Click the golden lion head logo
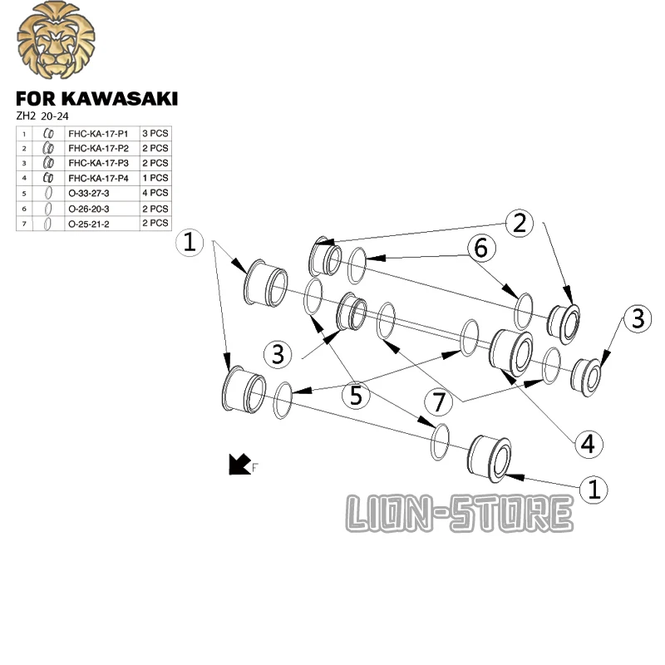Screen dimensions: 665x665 [56, 42]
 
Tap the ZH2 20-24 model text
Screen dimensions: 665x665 [47, 116]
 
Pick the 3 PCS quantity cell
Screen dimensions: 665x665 [155, 133]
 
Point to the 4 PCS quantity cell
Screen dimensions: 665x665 [155, 193]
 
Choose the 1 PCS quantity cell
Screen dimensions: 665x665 [155, 178]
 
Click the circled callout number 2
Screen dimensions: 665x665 [520, 223]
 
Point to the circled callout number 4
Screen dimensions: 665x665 [588, 443]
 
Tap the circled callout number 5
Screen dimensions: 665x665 [357, 397]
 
